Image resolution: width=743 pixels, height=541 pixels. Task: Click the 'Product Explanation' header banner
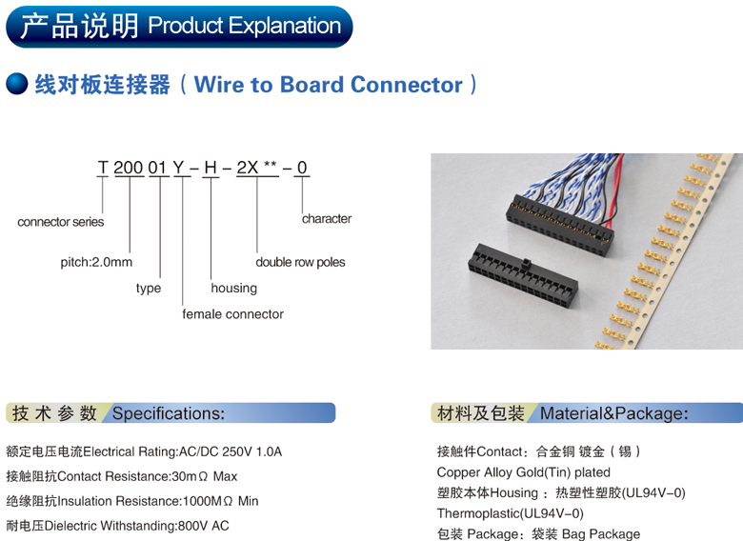(179, 26)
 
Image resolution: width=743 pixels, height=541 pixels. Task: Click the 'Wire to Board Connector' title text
(328, 85)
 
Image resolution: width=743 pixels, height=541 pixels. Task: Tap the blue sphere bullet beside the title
(16, 85)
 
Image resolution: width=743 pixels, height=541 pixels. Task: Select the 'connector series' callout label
(61, 222)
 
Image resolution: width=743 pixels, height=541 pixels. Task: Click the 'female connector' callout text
(233, 313)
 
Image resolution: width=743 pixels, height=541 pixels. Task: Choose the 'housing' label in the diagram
(234, 288)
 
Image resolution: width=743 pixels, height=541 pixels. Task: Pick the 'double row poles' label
(300, 262)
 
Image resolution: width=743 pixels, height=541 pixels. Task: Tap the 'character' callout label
(327, 218)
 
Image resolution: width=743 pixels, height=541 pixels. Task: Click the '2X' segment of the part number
(247, 169)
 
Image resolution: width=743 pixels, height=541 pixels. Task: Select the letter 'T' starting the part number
(103, 169)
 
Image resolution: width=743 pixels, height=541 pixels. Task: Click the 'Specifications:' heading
(169, 413)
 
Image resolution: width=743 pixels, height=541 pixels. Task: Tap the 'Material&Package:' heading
(613, 413)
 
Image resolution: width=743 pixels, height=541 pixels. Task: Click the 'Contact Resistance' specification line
(121, 476)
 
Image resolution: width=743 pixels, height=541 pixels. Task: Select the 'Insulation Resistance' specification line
(131, 501)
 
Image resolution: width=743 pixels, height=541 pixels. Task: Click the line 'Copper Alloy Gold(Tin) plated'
(523, 472)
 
